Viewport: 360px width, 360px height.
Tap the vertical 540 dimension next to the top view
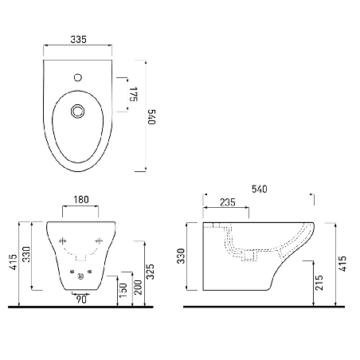[151, 114]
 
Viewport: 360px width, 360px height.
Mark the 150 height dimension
[122, 292]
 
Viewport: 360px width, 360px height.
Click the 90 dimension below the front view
[81, 299]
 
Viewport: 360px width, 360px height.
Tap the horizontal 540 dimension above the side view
[259, 189]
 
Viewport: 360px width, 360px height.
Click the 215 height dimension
[318, 282]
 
